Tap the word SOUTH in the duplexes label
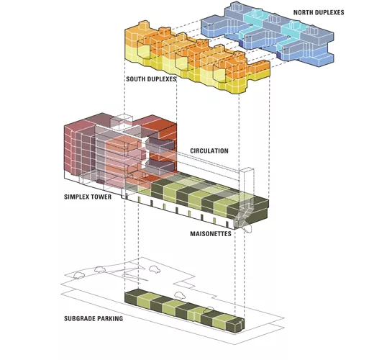135,79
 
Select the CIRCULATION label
209,150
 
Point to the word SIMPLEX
77,197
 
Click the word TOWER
102,197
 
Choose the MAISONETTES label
211,233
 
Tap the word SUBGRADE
79,318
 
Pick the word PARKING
109,318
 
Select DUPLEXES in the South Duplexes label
161,79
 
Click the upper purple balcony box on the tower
160,145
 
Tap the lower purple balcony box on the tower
159,166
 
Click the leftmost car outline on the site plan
78,275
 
